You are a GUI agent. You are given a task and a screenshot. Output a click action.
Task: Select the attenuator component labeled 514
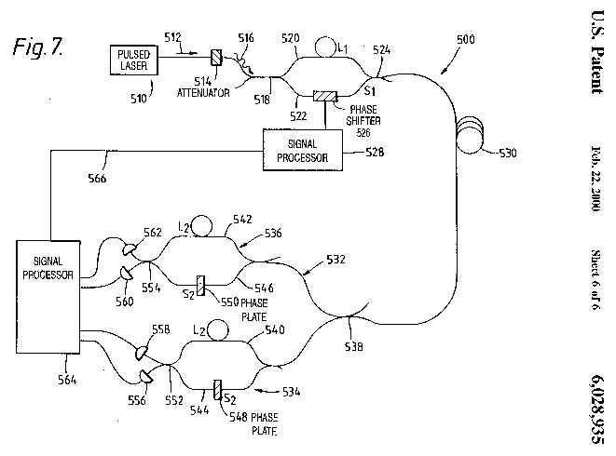click(216, 58)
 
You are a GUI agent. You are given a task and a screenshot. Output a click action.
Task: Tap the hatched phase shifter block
click(325, 96)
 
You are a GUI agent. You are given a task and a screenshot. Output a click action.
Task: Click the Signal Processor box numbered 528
click(302, 149)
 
